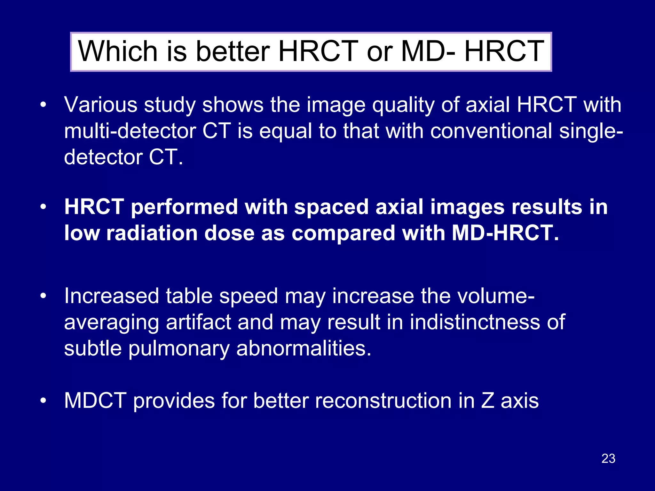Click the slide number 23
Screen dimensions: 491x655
608,458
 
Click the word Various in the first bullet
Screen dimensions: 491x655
100,105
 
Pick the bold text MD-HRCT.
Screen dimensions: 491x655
505,233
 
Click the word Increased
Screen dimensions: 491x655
111,296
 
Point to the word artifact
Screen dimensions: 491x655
198,322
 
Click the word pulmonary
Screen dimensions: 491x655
179,349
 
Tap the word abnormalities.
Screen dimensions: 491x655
304,348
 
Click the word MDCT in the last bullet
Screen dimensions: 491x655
95,401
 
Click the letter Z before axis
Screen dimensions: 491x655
487,401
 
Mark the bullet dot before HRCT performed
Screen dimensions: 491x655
43,207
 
